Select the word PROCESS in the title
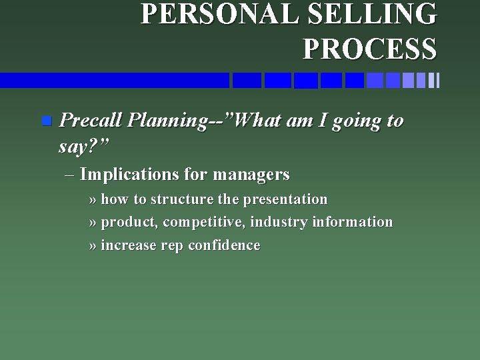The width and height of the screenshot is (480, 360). tap(370, 48)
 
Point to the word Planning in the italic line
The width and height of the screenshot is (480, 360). tap(167, 121)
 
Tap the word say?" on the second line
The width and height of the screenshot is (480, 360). tap(83, 145)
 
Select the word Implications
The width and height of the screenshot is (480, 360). tap(129, 175)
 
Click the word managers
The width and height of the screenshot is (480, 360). tap(253, 175)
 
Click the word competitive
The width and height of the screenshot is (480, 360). tap(204, 222)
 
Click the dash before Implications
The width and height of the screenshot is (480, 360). tap(71, 175)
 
